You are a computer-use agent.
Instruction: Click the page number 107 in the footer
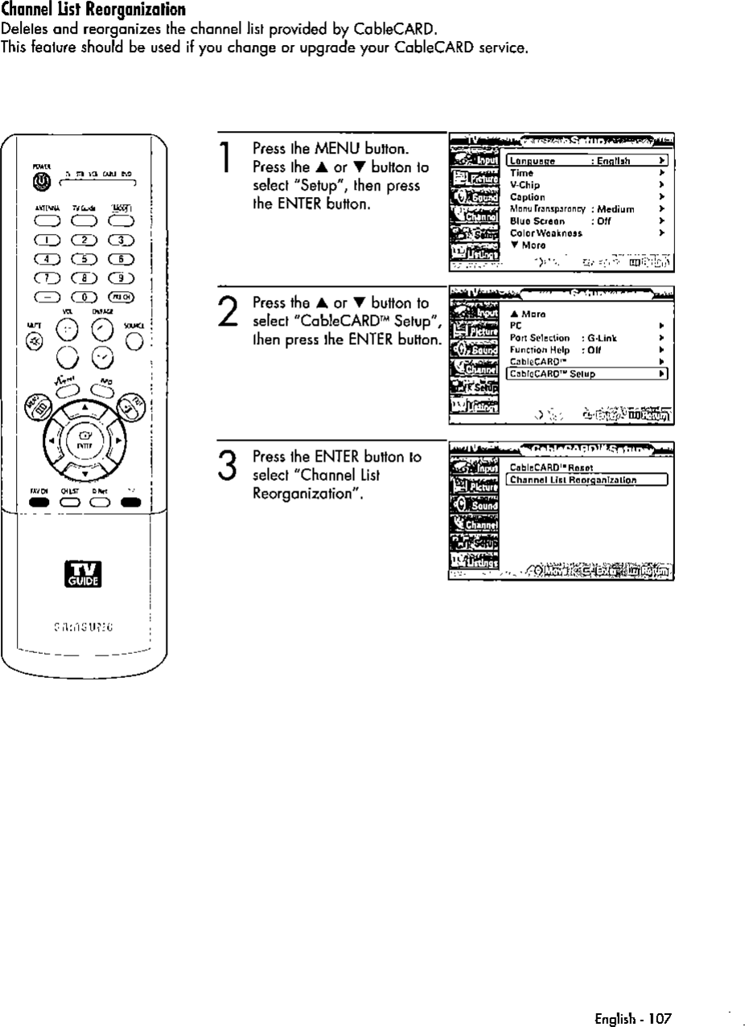(x=659, y=996)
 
